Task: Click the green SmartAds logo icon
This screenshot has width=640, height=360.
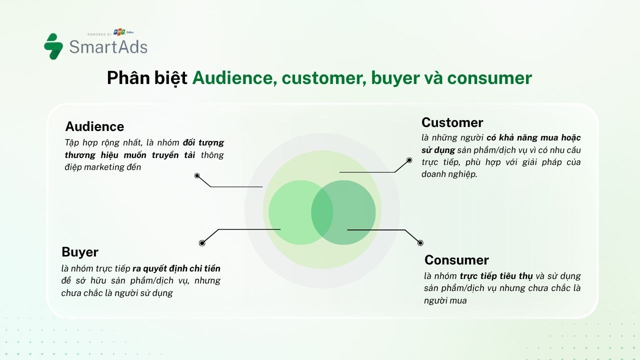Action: (x=53, y=46)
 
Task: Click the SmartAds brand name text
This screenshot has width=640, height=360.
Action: (x=108, y=47)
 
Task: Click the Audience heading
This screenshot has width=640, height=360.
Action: (x=94, y=126)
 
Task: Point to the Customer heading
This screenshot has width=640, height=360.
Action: (x=452, y=122)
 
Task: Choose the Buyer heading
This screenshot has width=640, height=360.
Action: (x=80, y=251)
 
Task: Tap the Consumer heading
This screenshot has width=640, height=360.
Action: (x=456, y=260)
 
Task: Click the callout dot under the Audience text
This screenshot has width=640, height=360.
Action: (x=197, y=175)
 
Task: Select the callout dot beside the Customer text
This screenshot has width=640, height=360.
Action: (x=409, y=160)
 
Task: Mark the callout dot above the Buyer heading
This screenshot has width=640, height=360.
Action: (x=202, y=243)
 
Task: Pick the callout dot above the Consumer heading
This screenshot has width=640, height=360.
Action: (x=420, y=243)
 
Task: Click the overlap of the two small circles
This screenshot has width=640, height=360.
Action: (x=322, y=212)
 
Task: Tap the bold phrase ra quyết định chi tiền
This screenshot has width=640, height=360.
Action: (x=176, y=268)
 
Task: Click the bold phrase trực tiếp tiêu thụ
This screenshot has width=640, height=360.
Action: (x=496, y=276)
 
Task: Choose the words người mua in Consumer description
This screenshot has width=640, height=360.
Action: (x=445, y=300)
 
